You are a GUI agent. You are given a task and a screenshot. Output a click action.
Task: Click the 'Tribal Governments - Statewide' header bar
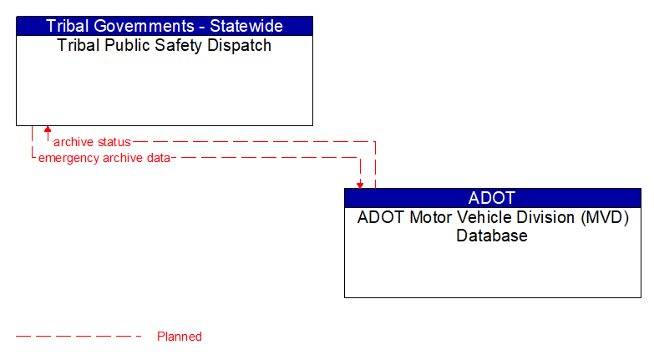tap(165, 26)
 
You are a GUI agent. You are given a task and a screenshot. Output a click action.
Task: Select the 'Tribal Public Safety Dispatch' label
tap(165, 46)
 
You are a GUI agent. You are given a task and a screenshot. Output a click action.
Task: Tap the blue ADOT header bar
tap(492, 198)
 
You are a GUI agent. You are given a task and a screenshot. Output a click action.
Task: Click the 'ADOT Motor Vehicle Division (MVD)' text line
tap(492, 218)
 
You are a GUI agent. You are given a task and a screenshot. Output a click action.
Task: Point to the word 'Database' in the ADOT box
tap(492, 236)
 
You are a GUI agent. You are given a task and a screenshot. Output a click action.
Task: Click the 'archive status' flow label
tap(92, 142)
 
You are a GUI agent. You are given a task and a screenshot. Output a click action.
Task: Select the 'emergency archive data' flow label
tap(104, 158)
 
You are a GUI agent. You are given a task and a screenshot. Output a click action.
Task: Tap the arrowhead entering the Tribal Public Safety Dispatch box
tap(48, 130)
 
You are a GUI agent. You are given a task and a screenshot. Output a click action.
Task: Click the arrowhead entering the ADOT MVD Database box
tap(360, 184)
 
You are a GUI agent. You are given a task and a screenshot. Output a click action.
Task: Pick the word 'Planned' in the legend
tap(180, 337)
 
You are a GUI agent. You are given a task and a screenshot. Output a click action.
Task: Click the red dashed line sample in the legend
tap(79, 337)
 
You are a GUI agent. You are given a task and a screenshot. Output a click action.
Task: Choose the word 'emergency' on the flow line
tap(68, 158)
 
